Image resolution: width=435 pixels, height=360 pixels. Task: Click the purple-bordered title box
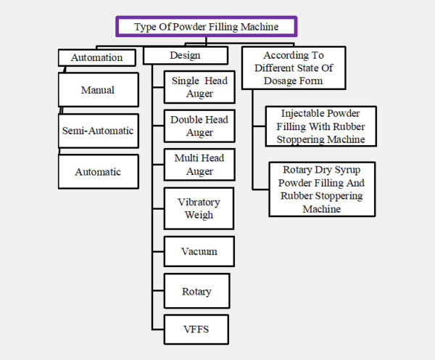tap(206, 27)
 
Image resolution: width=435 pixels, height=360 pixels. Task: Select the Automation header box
tap(96, 57)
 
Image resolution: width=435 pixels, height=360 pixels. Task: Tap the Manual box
tap(98, 91)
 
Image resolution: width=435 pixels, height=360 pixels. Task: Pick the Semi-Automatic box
tap(98, 131)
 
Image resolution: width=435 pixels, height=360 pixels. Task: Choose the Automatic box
tap(98, 172)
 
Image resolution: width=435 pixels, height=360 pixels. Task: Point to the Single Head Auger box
tap(199, 87)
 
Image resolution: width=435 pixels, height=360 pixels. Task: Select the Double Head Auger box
tap(199, 126)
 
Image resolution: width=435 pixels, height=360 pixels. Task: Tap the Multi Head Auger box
tap(199, 165)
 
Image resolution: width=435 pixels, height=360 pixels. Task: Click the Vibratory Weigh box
tap(199, 208)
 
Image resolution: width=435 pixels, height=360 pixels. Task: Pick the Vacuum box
tap(199, 252)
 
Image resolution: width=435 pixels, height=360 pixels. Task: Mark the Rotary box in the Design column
tap(196, 292)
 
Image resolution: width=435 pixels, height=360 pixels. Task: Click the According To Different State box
tap(293, 67)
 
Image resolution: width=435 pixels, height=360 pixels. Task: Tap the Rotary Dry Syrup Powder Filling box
tap(321, 189)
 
